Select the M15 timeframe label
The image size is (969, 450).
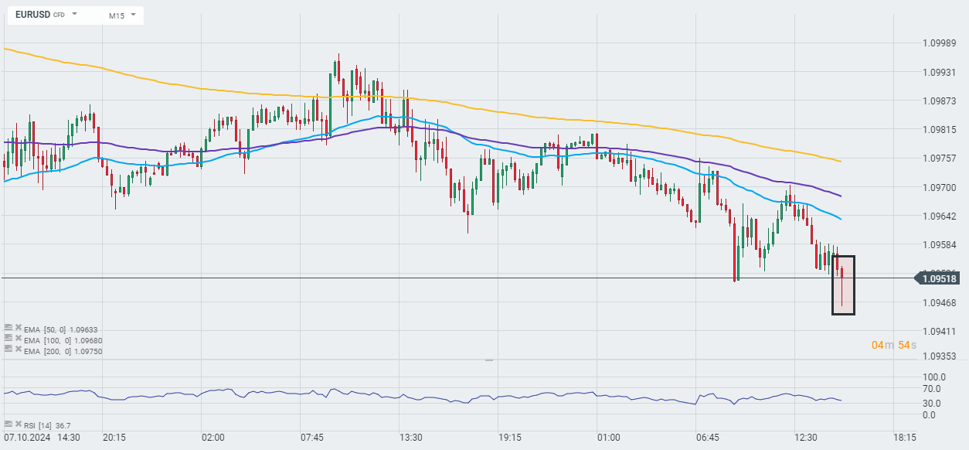(x=117, y=15)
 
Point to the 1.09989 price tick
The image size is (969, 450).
(x=940, y=43)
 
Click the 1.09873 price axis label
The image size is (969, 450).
(x=940, y=101)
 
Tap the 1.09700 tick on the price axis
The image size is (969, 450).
(x=940, y=188)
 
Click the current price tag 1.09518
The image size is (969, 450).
(x=940, y=278)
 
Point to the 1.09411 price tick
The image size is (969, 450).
(x=940, y=332)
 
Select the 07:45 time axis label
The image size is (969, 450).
(x=312, y=438)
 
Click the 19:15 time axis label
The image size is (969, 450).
(x=510, y=438)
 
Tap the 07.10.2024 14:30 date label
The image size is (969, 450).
(x=42, y=438)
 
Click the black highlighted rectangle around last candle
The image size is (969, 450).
(x=843, y=285)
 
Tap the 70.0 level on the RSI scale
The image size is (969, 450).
(x=933, y=389)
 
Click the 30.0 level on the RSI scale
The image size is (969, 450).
(x=933, y=402)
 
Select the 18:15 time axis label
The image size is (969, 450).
(x=905, y=438)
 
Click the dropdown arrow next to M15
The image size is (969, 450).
(x=134, y=15)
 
